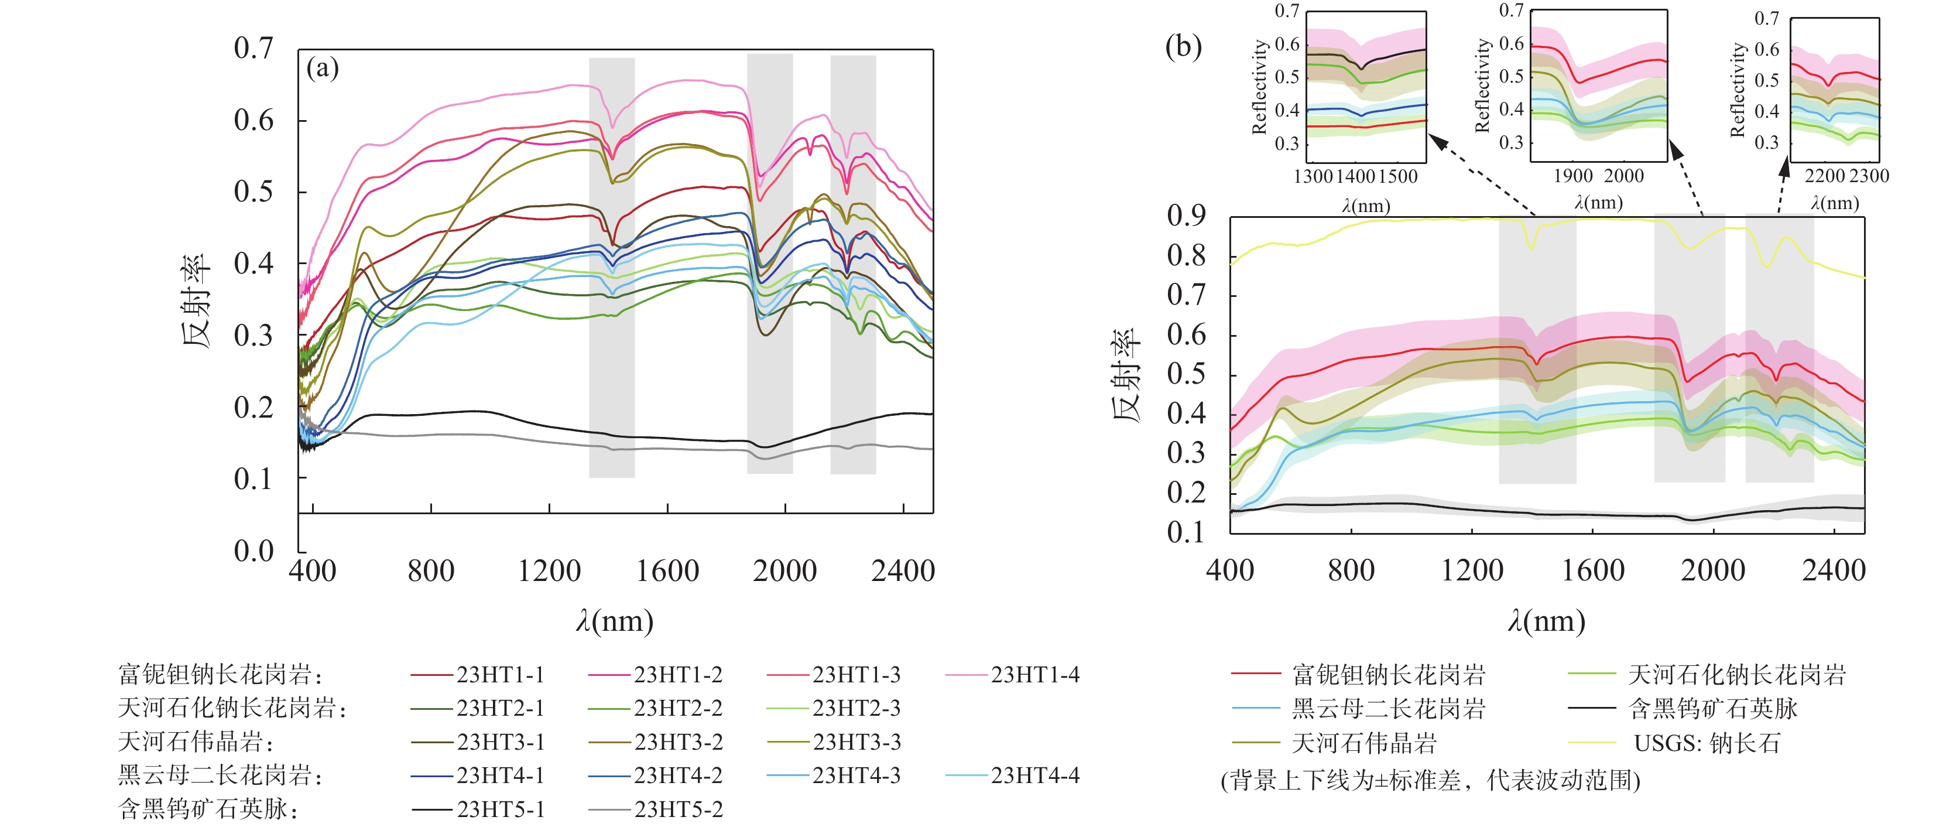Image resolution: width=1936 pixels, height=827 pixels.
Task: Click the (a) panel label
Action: point(323,69)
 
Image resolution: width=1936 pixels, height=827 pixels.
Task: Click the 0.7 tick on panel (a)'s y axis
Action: point(253,48)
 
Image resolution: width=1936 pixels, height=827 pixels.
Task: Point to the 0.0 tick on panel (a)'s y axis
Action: point(253,551)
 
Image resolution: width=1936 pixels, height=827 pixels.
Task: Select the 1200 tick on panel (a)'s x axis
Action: point(549,572)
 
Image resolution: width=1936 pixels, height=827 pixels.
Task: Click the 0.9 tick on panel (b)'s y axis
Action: point(1186,216)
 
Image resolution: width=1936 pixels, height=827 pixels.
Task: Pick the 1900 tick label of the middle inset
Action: point(1573,176)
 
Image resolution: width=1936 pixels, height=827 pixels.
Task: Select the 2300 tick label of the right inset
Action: point(1869,176)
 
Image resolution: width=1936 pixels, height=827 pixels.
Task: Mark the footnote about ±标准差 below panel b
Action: point(1430,780)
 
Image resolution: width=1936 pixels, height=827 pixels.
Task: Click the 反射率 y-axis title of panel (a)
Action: point(196,300)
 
